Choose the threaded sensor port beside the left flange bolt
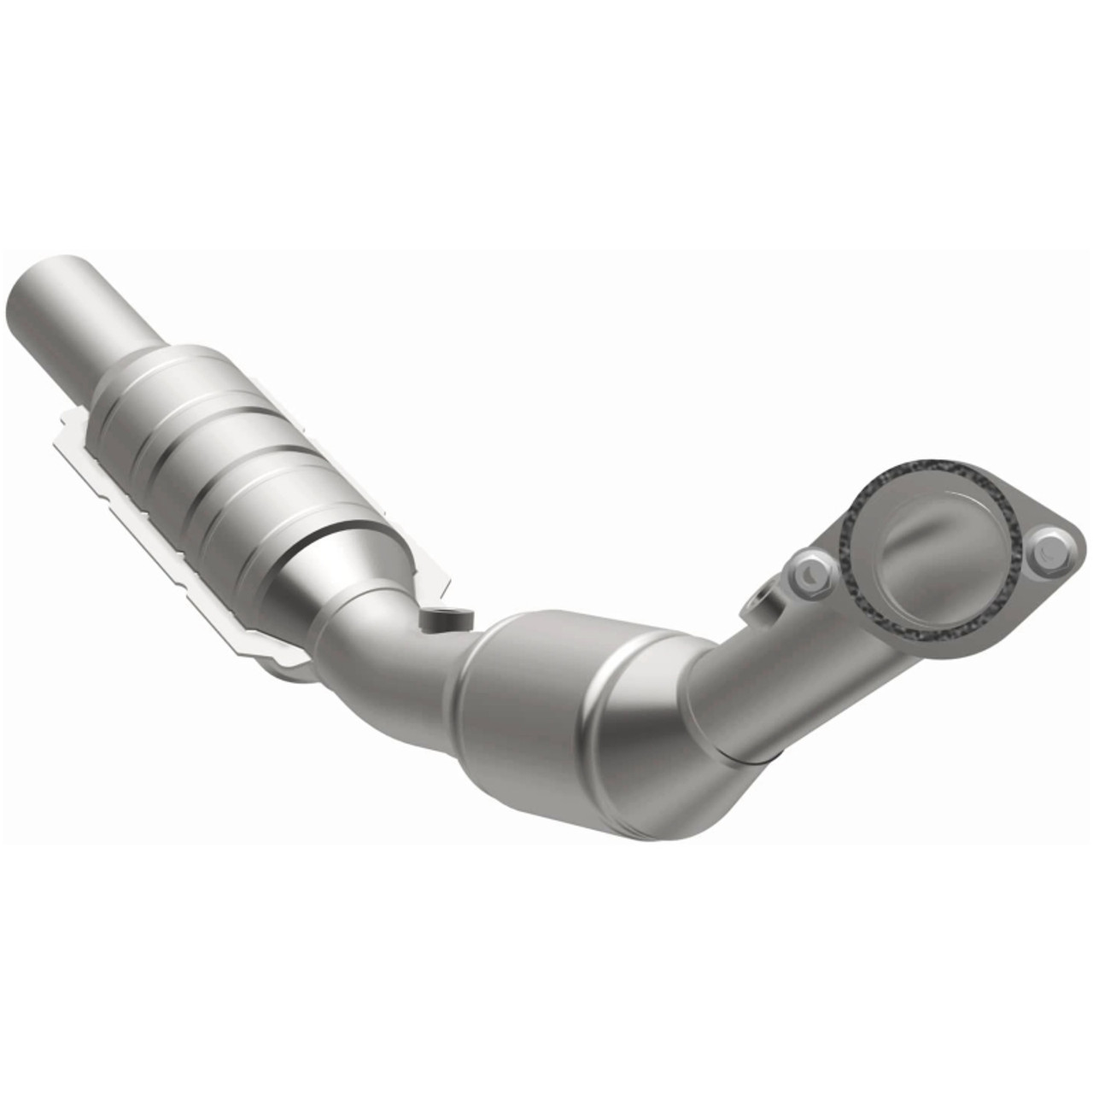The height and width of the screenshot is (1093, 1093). coord(763,602)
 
